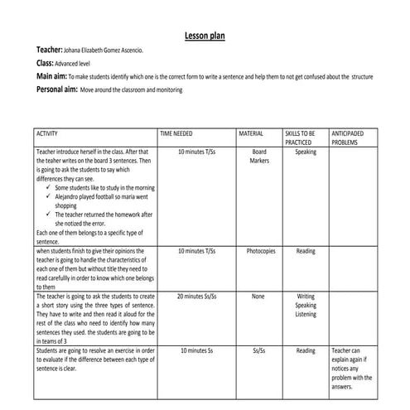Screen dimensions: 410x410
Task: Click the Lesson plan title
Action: coord(204,36)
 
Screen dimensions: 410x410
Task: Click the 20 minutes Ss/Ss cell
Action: coord(196,296)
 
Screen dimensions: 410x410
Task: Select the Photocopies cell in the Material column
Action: coord(261,251)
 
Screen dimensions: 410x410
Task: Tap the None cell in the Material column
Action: coord(258,296)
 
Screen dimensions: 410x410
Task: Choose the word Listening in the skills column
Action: coord(306,315)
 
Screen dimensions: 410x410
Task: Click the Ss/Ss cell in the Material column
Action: coord(258,350)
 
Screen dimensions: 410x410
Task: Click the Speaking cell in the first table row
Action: coord(306,152)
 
